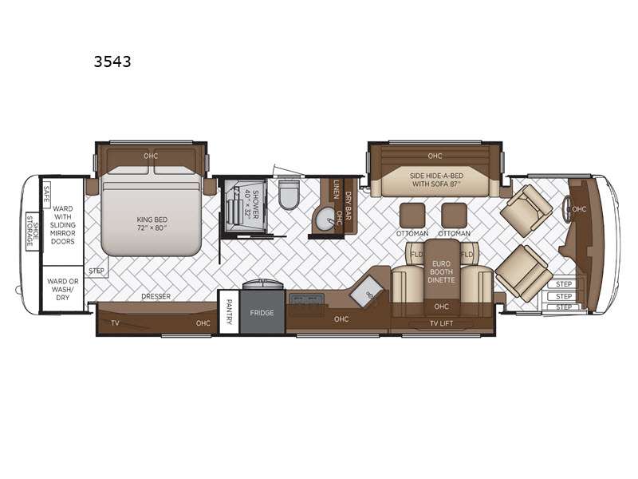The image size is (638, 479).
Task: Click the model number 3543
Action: [112, 61]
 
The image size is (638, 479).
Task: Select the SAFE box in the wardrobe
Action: [46, 194]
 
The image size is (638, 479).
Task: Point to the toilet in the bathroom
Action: [289, 194]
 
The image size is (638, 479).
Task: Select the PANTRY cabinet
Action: [229, 311]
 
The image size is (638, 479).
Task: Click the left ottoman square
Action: [412, 216]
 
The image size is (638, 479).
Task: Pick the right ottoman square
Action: [454, 216]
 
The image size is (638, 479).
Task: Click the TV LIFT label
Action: [441, 323]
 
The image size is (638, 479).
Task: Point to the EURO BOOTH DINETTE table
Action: [442, 271]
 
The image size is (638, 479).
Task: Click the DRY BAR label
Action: [349, 207]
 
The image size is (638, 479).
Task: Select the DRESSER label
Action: [156, 296]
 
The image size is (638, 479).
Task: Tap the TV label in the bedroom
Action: [115, 323]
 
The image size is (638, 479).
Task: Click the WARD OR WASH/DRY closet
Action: [63, 289]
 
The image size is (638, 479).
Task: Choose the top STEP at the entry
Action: [564, 284]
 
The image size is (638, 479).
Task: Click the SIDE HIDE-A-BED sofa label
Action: [436, 180]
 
